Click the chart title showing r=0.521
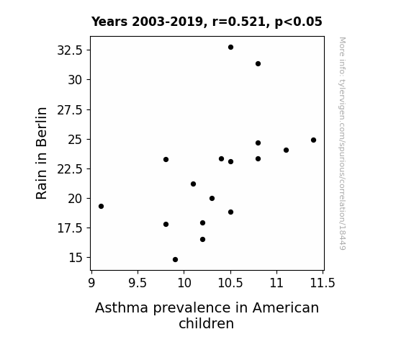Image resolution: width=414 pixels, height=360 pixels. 207,22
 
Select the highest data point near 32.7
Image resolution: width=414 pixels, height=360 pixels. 231,48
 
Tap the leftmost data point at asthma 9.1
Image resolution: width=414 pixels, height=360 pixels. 101,207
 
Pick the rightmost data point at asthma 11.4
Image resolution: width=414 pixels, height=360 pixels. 313,140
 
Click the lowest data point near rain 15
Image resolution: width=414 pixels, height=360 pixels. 175,260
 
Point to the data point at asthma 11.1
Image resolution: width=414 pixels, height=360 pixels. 287,150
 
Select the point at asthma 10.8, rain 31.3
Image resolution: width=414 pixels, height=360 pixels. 258,63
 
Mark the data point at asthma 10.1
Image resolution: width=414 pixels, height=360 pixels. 193,184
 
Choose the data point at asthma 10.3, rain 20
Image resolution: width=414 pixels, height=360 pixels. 212,198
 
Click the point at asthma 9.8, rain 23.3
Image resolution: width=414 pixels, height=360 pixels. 166,160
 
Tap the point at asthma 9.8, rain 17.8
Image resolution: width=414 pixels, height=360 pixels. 166,224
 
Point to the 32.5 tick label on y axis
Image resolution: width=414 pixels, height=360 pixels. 70,50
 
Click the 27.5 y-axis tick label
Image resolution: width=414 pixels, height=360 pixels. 70,110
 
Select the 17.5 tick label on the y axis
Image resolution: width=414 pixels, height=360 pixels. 70,228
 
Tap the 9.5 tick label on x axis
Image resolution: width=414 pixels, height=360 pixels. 138,283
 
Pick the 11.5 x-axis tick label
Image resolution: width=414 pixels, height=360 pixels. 323,283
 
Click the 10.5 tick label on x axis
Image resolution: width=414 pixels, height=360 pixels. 230,283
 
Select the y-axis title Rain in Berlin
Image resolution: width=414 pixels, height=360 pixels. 42,153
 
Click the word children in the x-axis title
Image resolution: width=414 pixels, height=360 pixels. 206,323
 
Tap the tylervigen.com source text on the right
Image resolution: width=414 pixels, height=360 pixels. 342,143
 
